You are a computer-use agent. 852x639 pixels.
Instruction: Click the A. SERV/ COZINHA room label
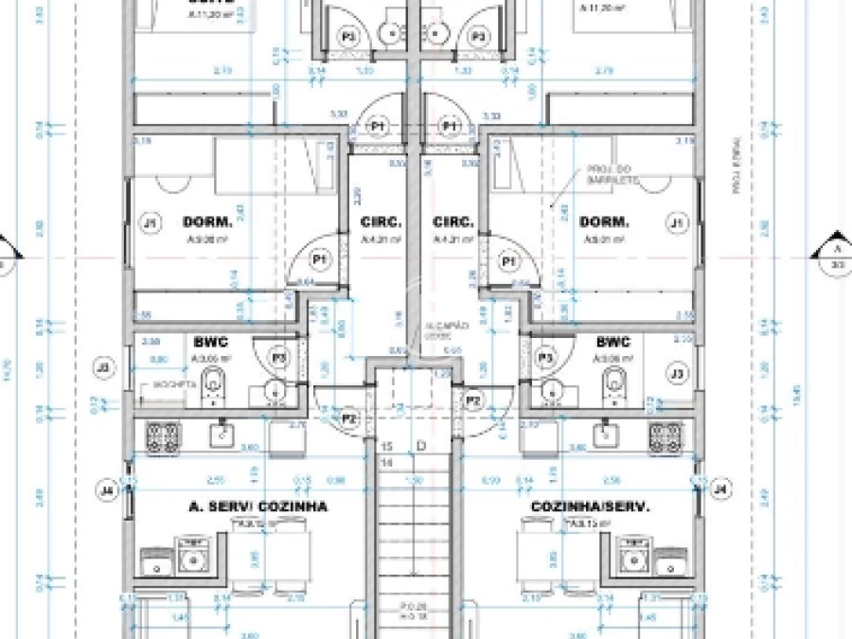click(x=257, y=506)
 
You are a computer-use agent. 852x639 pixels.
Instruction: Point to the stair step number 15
click(x=386, y=445)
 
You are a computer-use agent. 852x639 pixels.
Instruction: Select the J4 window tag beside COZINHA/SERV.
click(x=721, y=489)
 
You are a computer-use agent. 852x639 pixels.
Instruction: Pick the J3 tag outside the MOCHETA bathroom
click(x=103, y=366)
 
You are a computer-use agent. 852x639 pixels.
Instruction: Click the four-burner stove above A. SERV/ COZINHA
click(x=162, y=435)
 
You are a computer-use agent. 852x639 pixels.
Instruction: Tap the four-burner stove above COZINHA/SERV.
click(x=666, y=435)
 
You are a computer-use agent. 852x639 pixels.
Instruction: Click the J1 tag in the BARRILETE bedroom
click(x=676, y=223)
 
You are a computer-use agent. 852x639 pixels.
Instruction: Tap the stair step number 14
click(x=386, y=463)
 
